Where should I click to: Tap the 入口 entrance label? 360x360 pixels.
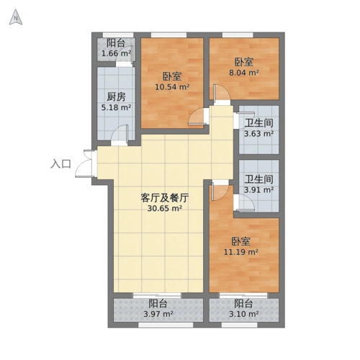click(x=60, y=164)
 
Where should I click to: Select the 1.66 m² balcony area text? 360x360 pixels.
click(x=116, y=53)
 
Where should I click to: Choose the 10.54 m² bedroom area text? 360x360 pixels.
click(x=172, y=88)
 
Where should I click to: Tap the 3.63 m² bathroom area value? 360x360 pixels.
click(x=258, y=133)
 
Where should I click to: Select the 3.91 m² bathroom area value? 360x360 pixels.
click(x=258, y=190)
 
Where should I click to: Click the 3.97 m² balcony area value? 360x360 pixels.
click(x=158, y=314)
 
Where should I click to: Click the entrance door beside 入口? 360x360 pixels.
click(x=88, y=162)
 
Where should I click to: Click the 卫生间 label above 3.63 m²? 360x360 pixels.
click(x=258, y=122)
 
